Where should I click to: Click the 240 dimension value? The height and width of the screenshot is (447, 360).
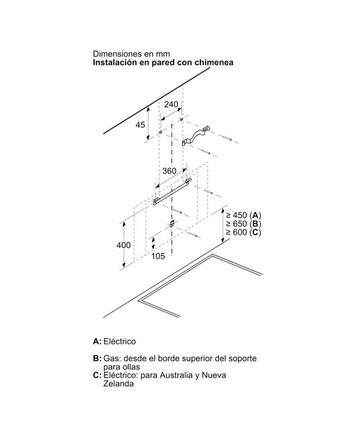click(171, 104)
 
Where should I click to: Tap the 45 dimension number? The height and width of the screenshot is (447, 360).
click(140, 124)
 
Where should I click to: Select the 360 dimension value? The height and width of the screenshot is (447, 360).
click(169, 170)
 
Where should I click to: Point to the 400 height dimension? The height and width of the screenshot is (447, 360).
click(123, 245)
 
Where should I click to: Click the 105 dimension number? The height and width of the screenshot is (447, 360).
click(158, 256)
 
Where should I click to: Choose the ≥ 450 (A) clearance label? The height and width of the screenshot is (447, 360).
click(243, 215)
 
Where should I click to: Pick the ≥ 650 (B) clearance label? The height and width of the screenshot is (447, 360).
click(243, 223)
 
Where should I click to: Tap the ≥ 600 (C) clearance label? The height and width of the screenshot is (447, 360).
click(243, 232)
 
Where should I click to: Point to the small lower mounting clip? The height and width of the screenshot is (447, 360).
click(172, 223)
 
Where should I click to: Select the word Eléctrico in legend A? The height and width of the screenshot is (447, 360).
click(119, 342)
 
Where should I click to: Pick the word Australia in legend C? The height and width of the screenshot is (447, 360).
click(177, 375)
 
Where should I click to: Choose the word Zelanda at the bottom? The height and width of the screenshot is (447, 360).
click(119, 383)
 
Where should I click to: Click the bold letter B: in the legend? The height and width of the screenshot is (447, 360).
click(97, 358)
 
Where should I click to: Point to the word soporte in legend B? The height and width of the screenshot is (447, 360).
click(243, 358)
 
